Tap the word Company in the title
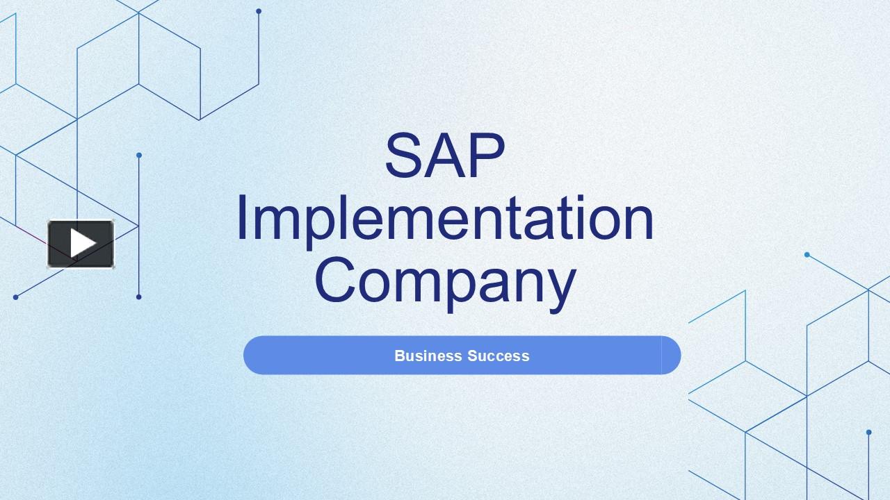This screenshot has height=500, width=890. [x=445, y=281]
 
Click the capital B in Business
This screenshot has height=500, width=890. [x=399, y=356]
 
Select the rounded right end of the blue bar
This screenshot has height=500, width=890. [x=670, y=356]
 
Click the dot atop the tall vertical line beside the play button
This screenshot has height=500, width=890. [x=139, y=156]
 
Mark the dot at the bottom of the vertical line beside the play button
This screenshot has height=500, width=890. [x=139, y=297]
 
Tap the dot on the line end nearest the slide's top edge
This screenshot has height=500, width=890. [x=259, y=11]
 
